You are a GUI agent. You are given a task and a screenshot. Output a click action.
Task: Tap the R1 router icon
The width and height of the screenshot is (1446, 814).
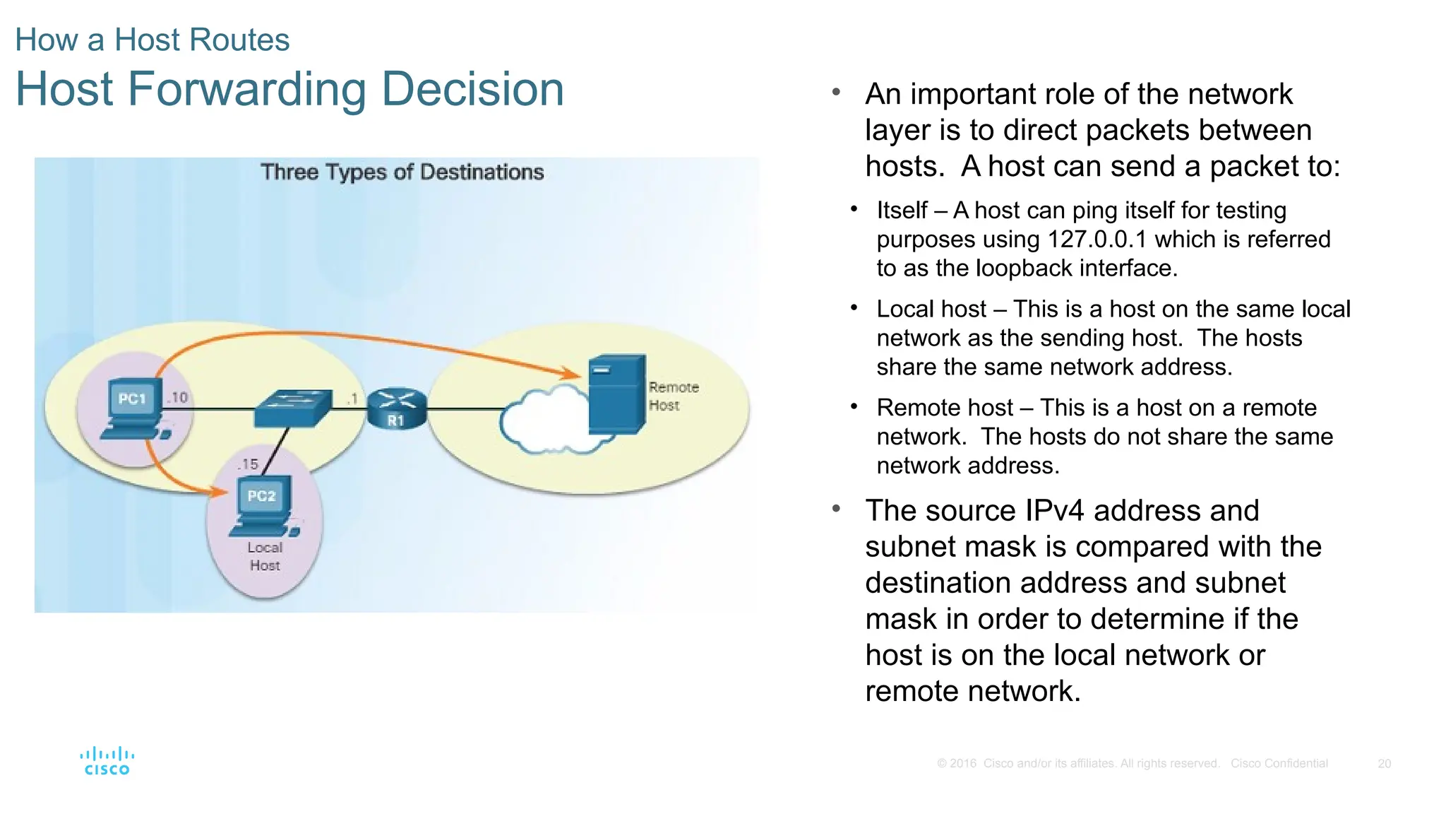(x=397, y=408)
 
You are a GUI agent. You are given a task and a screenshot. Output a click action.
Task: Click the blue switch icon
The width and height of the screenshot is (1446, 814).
(x=292, y=408)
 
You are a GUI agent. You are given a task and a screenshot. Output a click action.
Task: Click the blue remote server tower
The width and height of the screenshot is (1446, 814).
(x=616, y=394)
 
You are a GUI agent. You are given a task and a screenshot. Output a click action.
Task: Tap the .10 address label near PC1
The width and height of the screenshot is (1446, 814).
(x=178, y=398)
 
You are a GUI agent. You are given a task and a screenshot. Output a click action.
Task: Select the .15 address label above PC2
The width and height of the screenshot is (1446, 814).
(x=247, y=464)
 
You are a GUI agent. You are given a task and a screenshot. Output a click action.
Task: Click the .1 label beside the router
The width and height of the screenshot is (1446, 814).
(x=352, y=399)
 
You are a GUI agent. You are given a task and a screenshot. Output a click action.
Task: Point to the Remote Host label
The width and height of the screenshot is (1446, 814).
(x=673, y=396)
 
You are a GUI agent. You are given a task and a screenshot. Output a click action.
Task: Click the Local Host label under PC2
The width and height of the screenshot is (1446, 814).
(x=265, y=556)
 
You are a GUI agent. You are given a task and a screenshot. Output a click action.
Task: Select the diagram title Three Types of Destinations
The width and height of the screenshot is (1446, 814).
(x=402, y=172)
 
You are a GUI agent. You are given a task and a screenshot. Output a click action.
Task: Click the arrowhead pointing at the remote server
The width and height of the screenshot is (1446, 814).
(x=569, y=372)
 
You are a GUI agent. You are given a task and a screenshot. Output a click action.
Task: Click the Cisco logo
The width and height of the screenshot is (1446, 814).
(x=107, y=761)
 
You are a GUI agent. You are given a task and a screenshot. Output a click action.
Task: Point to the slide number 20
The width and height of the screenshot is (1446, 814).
(x=1384, y=764)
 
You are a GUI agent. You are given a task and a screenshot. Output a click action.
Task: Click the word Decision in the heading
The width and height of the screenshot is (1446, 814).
(x=472, y=90)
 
